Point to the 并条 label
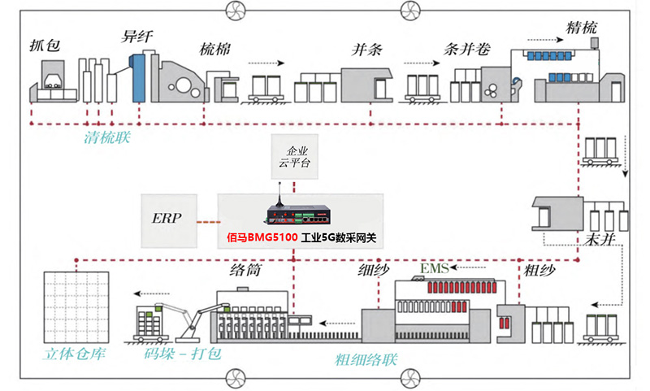366,50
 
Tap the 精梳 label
582,28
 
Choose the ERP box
168,220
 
